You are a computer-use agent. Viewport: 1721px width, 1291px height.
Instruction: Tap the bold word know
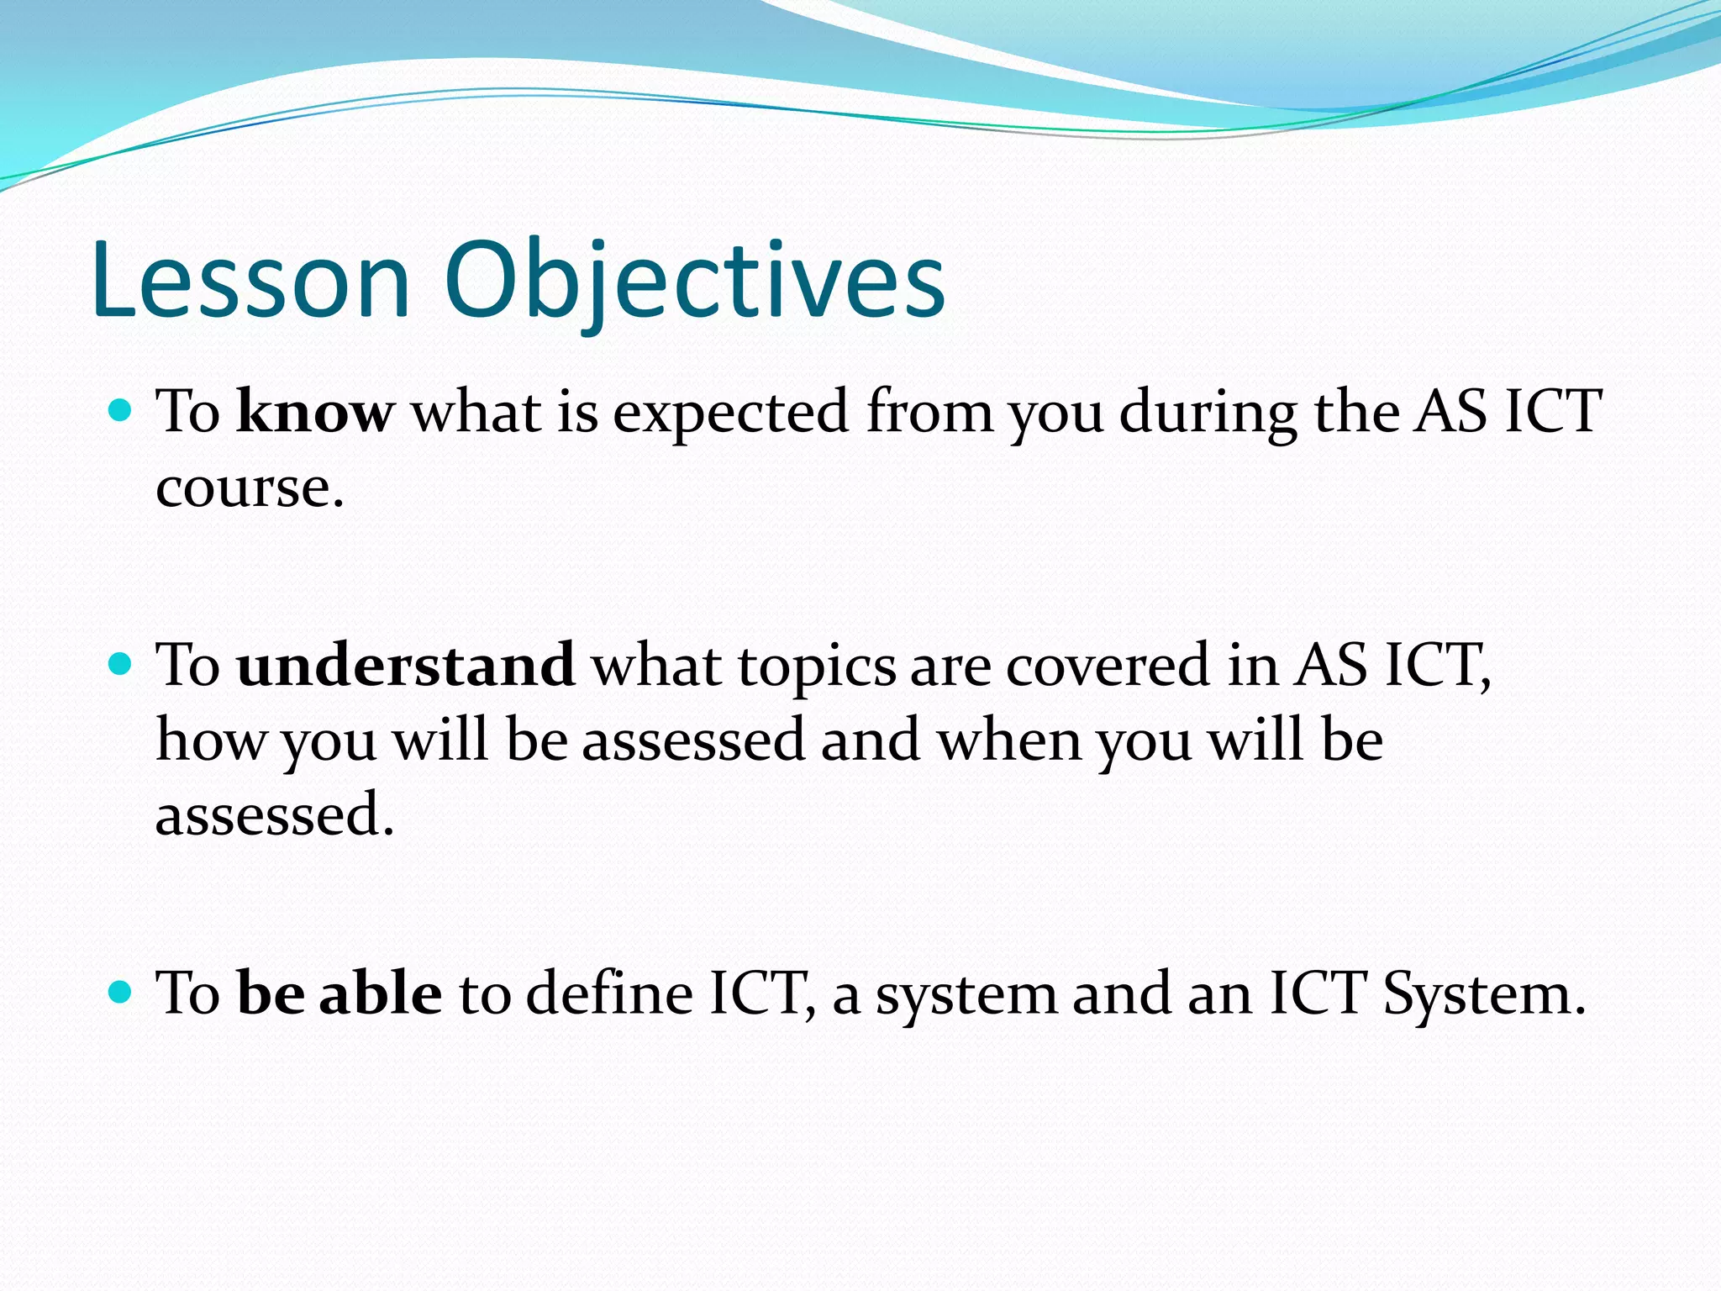coord(315,412)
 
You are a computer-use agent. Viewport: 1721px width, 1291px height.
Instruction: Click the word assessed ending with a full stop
coord(274,815)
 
